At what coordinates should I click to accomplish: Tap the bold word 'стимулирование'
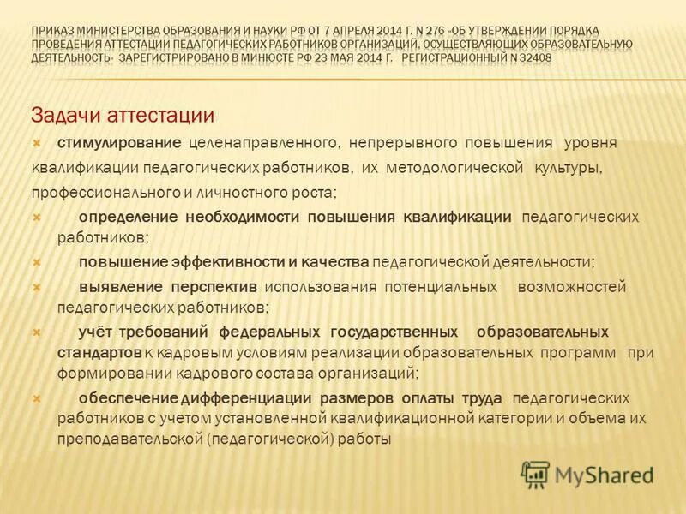[x=119, y=141]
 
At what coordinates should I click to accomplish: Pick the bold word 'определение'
[x=127, y=217]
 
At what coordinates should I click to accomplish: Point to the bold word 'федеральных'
[x=269, y=331]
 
